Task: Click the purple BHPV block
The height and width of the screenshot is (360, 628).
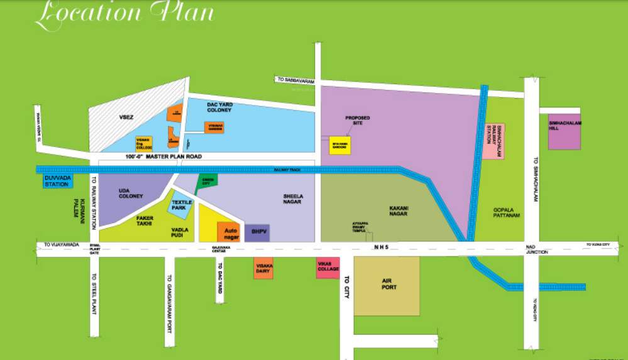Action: [257, 232]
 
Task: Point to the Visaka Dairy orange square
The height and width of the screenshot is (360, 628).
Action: [263, 268]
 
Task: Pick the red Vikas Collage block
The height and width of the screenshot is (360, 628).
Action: [327, 268]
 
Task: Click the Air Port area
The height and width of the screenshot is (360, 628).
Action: [387, 286]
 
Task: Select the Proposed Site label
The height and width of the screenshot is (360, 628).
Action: [357, 120]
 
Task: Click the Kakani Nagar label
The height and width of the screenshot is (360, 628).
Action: [398, 210]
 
